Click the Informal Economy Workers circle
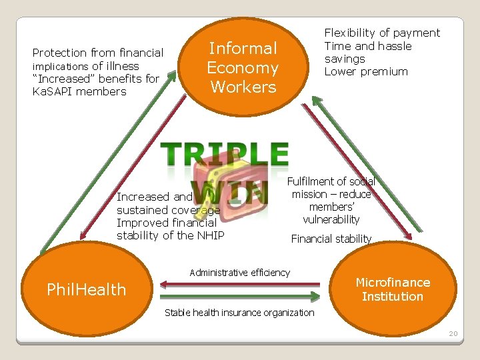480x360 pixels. click(243, 67)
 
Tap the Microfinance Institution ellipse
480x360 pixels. click(393, 289)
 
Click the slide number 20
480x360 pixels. click(453, 333)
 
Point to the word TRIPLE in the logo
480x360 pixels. click(226, 154)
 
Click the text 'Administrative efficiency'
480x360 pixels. click(240, 272)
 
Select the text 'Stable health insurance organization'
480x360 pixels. click(239, 312)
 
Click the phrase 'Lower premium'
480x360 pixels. click(366, 71)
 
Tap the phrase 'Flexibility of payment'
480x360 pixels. click(382, 33)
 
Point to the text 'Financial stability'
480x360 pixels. click(331, 239)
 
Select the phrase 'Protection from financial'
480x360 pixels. click(98, 53)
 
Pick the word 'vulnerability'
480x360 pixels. click(331, 219)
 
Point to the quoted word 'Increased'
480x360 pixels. click(64, 79)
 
